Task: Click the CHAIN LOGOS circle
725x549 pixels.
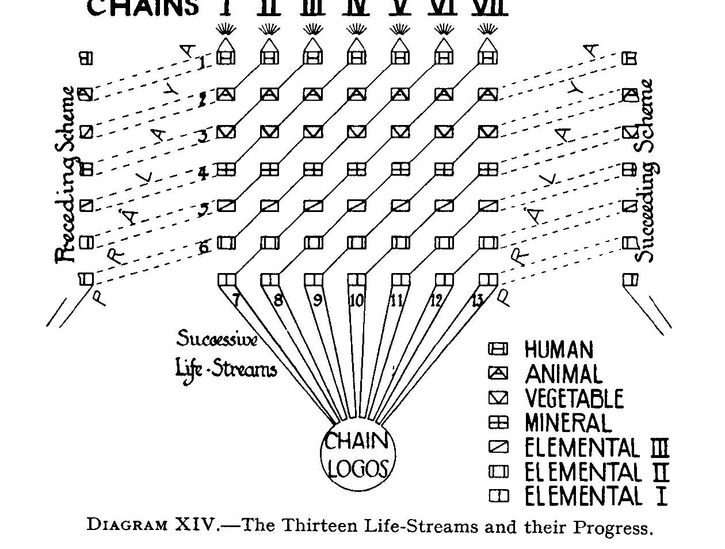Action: pos(358,455)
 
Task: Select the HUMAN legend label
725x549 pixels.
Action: pos(558,350)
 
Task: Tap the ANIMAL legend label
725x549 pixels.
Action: pos(563,374)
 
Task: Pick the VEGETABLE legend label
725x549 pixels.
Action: pos(574,399)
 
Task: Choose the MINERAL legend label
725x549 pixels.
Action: pos(567,423)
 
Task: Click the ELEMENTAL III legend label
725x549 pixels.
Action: pos(597,448)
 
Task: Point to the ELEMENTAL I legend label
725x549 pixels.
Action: pos(596,496)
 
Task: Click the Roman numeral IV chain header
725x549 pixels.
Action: pos(356,7)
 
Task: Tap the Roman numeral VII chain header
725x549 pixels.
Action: pos(489,7)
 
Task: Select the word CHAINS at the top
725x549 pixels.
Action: pos(143,7)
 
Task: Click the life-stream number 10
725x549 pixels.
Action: pos(357,300)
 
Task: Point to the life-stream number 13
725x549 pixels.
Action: pos(477,300)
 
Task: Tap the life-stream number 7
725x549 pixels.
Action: pos(236,300)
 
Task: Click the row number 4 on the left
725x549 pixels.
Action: pos(204,173)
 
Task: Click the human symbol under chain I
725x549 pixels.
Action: pos(227,58)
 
